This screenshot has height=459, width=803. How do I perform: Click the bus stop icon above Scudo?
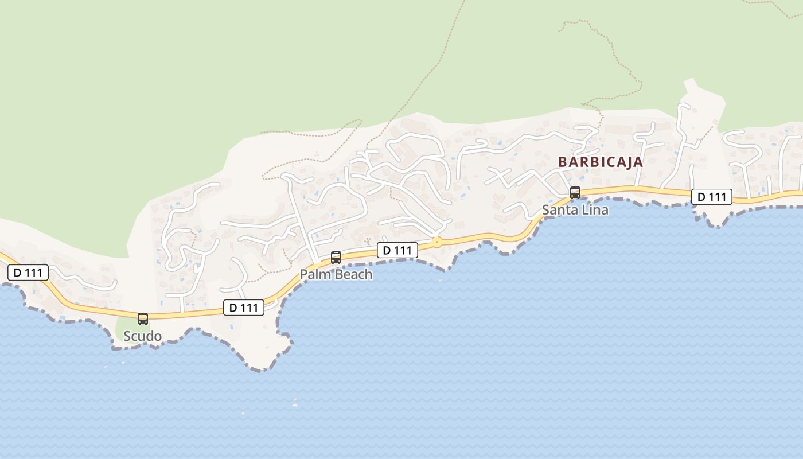tap(143, 318)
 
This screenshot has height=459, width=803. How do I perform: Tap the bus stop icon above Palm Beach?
tap(336, 258)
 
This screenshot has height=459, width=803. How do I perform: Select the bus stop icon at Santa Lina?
tap(575, 193)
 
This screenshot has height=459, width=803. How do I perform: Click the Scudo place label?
tap(143, 336)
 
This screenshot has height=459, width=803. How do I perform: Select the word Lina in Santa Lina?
tap(595, 210)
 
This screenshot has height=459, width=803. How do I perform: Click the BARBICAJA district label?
tap(601, 162)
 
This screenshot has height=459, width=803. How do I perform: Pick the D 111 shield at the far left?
tap(28, 273)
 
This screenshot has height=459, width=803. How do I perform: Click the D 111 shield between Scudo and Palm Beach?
tap(244, 308)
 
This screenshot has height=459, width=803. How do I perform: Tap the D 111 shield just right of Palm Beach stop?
tap(397, 250)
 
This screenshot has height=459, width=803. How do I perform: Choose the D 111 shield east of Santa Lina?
tap(711, 197)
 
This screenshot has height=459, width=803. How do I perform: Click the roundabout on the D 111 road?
tap(437, 242)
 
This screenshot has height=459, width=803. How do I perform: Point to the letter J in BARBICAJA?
tap(625, 162)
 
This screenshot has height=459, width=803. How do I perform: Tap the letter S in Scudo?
tap(128, 336)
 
